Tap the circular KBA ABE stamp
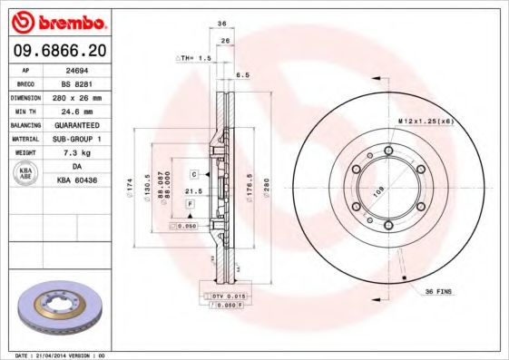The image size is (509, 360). (25, 173)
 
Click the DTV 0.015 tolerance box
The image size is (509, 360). (227, 297)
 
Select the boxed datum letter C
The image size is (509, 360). (193, 173)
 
